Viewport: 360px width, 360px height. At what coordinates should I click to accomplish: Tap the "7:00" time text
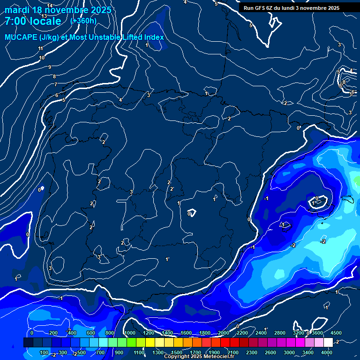(x=16, y=22)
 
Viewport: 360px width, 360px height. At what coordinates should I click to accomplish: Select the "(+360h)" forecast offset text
(x=83, y=21)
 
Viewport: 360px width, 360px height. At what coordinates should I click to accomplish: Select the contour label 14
(x=50, y=6)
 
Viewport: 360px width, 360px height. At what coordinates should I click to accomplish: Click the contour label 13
(x=44, y=16)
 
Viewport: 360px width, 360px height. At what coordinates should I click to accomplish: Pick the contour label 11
(x=41, y=48)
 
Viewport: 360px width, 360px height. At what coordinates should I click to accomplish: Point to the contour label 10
(x=42, y=58)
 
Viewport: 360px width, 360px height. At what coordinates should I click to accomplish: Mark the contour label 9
(x=49, y=67)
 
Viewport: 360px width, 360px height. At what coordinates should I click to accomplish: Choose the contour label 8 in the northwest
(x=54, y=76)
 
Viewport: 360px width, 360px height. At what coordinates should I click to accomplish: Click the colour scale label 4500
(x=336, y=333)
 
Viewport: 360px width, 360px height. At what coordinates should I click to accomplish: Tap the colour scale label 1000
(x=130, y=333)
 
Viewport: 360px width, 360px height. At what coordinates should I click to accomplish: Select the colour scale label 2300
(x=252, y=352)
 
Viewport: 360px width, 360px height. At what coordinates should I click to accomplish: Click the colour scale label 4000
(x=327, y=352)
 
